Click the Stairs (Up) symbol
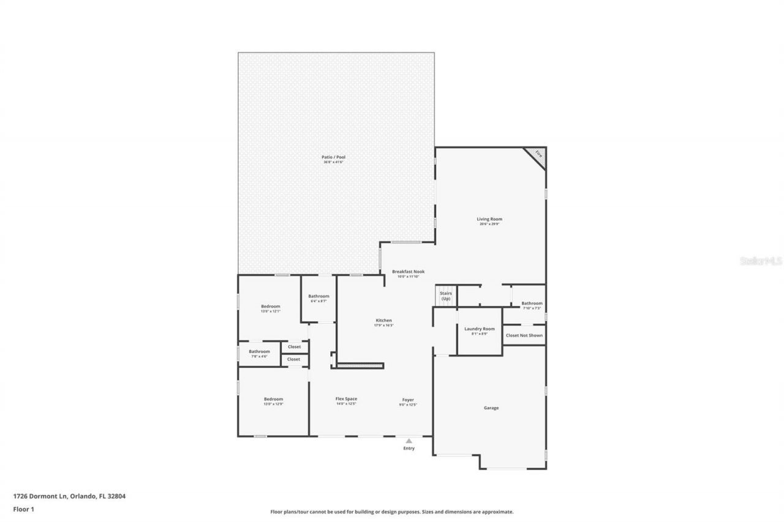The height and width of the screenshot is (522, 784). [445, 296]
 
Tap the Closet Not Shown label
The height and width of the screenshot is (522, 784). [524, 335]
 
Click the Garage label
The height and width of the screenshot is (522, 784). [491, 408]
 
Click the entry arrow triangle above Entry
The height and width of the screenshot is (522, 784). [409, 440]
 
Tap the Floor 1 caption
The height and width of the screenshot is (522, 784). [23, 509]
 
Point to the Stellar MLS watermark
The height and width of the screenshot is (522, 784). [760, 261]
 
